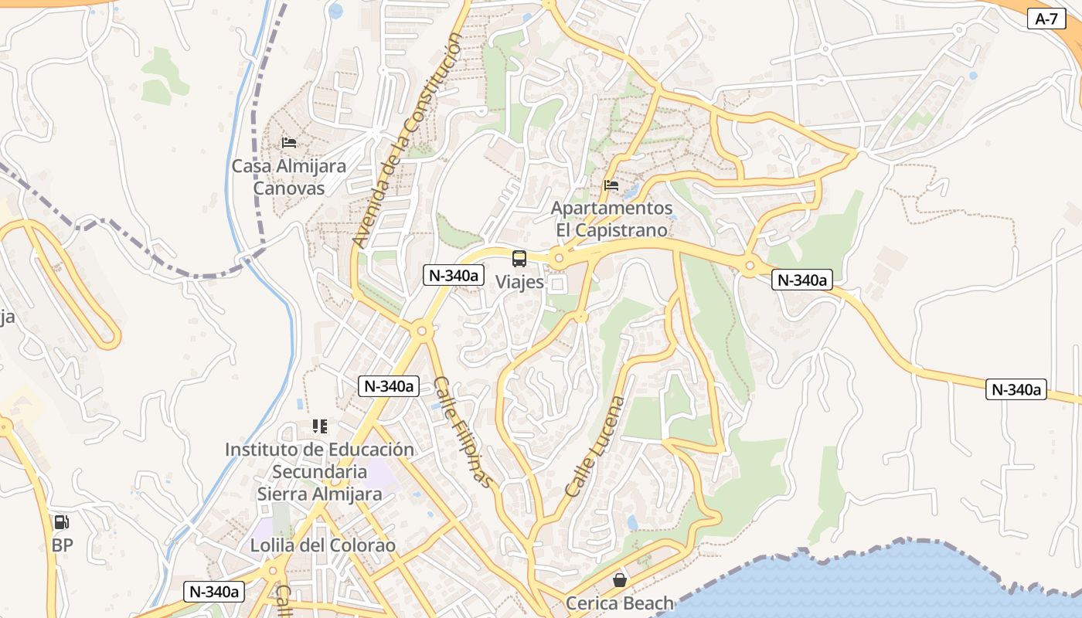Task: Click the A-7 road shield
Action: click(x=1046, y=19)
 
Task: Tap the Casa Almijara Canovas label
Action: click(x=289, y=177)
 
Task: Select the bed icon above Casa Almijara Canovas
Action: click(x=289, y=142)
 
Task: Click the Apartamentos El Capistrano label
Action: click(x=611, y=219)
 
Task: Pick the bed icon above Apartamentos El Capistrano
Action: click(x=611, y=185)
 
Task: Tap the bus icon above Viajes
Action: click(x=519, y=259)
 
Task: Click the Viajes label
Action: click(x=519, y=282)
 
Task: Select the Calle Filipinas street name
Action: click(x=462, y=433)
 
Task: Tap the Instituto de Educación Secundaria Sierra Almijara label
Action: click(x=319, y=471)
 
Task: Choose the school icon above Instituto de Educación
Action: click(x=319, y=426)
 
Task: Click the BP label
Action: click(x=62, y=545)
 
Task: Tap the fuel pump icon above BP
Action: click(x=62, y=522)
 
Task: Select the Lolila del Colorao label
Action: click(x=323, y=545)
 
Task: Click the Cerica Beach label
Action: click(x=620, y=603)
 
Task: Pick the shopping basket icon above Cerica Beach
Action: click(x=620, y=579)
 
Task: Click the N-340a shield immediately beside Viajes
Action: click(x=453, y=275)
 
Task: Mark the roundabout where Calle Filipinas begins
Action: click(x=421, y=331)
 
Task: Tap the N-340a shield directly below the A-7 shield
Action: click(x=802, y=280)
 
